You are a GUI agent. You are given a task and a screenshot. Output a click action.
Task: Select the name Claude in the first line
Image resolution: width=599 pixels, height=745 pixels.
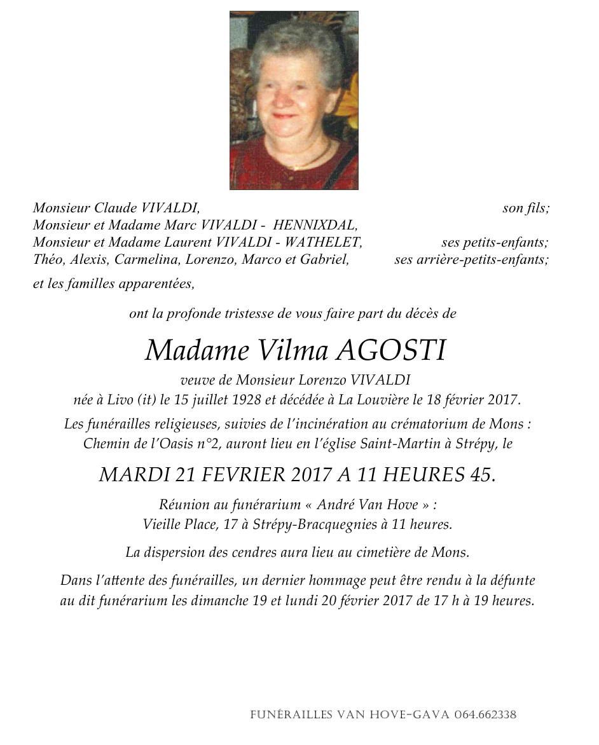(x=116, y=208)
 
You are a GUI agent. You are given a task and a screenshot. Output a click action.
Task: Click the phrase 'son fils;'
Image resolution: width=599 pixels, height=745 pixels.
(x=525, y=208)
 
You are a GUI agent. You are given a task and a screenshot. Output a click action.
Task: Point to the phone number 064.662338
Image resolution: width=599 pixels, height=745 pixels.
(x=485, y=714)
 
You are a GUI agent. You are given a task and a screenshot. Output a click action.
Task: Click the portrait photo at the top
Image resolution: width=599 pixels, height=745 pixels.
(x=294, y=100)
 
